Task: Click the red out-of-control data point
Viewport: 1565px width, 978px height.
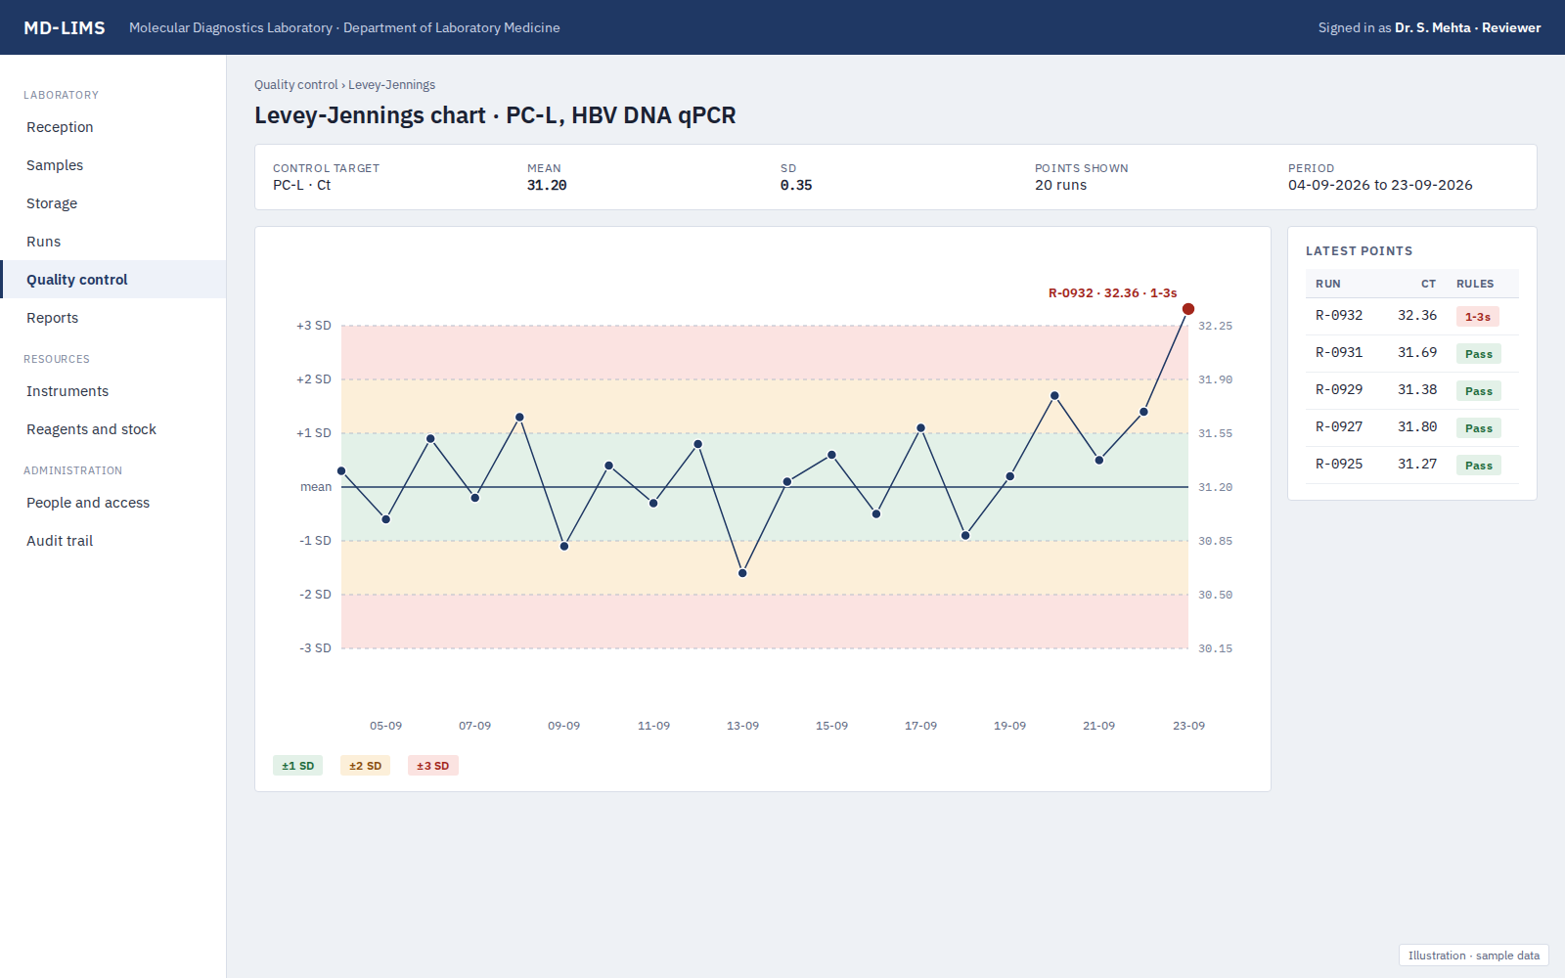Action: tap(1187, 309)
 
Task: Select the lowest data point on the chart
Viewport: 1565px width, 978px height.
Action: tap(742, 573)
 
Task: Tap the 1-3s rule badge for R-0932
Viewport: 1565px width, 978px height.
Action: tap(1478, 317)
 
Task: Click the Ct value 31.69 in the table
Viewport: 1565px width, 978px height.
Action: tap(1417, 353)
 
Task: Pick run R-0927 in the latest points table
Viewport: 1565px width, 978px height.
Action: tap(1339, 426)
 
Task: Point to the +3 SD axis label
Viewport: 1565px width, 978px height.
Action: tap(314, 326)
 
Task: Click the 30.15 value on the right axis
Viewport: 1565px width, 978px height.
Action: tap(1215, 648)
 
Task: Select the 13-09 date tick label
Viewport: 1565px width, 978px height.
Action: tap(742, 726)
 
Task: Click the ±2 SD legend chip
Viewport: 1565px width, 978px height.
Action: tap(365, 766)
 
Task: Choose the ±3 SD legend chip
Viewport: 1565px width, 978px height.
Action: tap(432, 766)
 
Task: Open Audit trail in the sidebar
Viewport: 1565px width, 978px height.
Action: tap(60, 541)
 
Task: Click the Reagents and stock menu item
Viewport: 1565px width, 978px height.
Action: tap(92, 429)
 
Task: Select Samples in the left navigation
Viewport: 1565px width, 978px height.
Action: tap(55, 165)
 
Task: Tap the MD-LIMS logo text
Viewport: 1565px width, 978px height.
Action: tap(65, 28)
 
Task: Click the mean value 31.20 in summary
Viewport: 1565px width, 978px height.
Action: tap(547, 185)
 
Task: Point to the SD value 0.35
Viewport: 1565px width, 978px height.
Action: tap(796, 185)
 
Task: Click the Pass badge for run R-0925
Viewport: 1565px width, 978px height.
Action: tap(1478, 466)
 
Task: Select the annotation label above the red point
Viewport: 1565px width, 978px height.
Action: tap(1112, 293)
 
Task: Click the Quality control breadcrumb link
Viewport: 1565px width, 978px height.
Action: tap(295, 84)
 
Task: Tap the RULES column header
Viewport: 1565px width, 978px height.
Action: tap(1475, 284)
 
